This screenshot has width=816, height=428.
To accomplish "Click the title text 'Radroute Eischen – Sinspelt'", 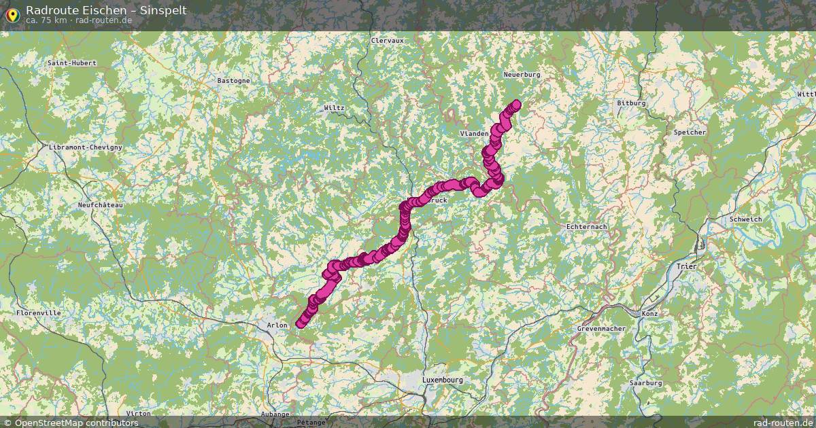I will click(x=105, y=10).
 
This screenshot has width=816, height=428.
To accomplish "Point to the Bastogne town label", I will click(x=233, y=80).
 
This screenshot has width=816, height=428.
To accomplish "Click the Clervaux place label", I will click(x=387, y=40).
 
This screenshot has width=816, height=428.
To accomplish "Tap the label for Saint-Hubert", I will click(x=72, y=63).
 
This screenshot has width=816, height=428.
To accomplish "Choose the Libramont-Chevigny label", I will click(x=86, y=147).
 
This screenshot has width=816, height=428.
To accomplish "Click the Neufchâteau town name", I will click(x=100, y=204).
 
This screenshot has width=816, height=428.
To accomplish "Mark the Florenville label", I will click(x=38, y=313).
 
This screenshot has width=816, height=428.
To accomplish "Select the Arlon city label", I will click(x=277, y=325).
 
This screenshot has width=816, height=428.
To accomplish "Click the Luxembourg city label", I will click(x=442, y=380).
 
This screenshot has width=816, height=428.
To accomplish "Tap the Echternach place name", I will click(x=587, y=226).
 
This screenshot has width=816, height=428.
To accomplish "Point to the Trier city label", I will click(x=687, y=266).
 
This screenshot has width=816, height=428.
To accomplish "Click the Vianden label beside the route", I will click(x=475, y=134).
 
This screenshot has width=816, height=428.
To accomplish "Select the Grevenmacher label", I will click(x=601, y=329).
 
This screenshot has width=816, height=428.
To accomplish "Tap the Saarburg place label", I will click(x=645, y=383).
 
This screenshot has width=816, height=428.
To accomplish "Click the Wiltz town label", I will click(x=335, y=108).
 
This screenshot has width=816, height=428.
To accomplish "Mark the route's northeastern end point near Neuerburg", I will click(x=516, y=104).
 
